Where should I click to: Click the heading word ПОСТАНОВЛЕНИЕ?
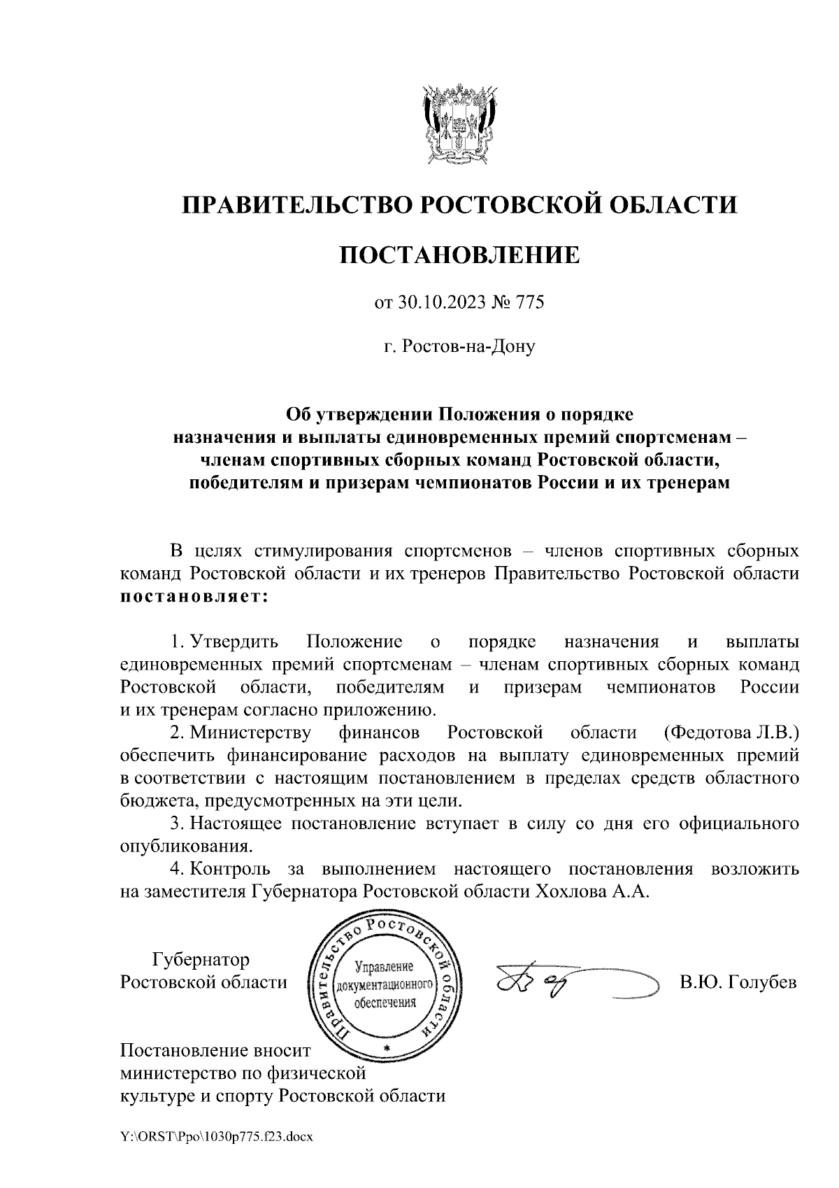pyautogui.click(x=459, y=255)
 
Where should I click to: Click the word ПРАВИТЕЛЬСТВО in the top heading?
pyautogui.click(x=294, y=205)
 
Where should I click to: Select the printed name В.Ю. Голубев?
pyautogui.click(x=738, y=982)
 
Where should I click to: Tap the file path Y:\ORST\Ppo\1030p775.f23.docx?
pyautogui.click(x=217, y=1137)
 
